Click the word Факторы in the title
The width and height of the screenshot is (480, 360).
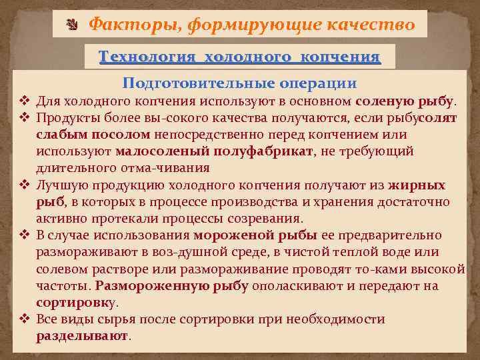134,25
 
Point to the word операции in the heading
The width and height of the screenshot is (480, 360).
318,83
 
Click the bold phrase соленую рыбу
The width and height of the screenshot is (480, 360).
405,101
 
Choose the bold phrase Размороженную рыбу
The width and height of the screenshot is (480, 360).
172,286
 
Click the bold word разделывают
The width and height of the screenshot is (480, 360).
81,336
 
